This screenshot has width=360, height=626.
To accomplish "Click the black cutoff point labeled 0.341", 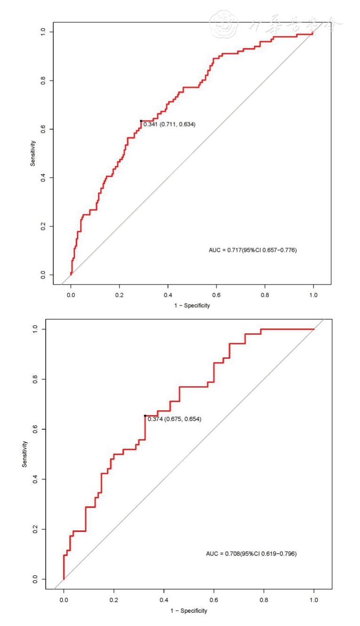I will [141, 121].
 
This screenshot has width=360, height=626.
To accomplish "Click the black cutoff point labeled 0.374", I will [145, 416].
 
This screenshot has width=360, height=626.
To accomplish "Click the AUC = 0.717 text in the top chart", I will [253, 250].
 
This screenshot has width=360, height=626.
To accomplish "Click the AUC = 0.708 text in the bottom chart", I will [251, 554].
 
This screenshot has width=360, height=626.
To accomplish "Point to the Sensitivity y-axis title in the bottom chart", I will [24, 454].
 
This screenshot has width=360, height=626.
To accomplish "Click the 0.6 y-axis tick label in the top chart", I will [43, 129].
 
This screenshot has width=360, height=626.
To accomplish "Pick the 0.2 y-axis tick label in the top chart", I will [43, 226].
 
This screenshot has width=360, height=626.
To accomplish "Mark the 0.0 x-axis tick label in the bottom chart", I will [64, 600].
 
